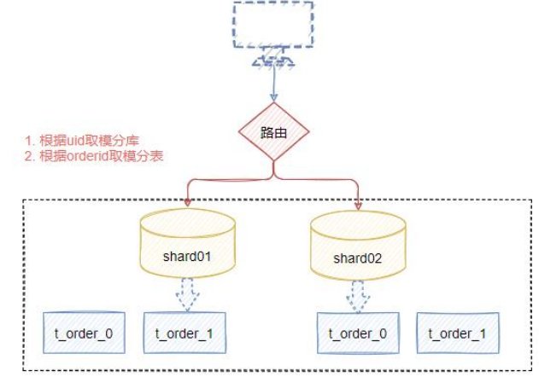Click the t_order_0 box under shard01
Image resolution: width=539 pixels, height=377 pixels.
(x=84, y=333)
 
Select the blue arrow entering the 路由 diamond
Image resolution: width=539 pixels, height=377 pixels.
(x=273, y=85)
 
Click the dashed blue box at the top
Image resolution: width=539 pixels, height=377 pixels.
(x=273, y=23)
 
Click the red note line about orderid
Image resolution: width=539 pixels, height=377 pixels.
(x=93, y=156)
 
